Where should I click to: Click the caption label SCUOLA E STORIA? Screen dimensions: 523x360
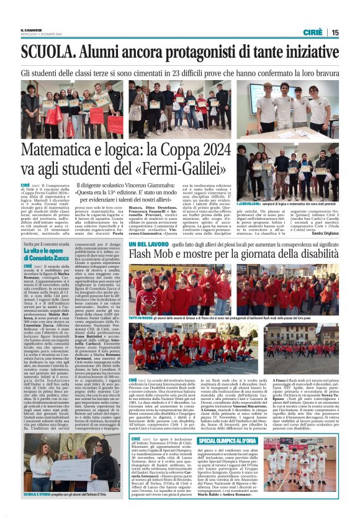tap(40, 494)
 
